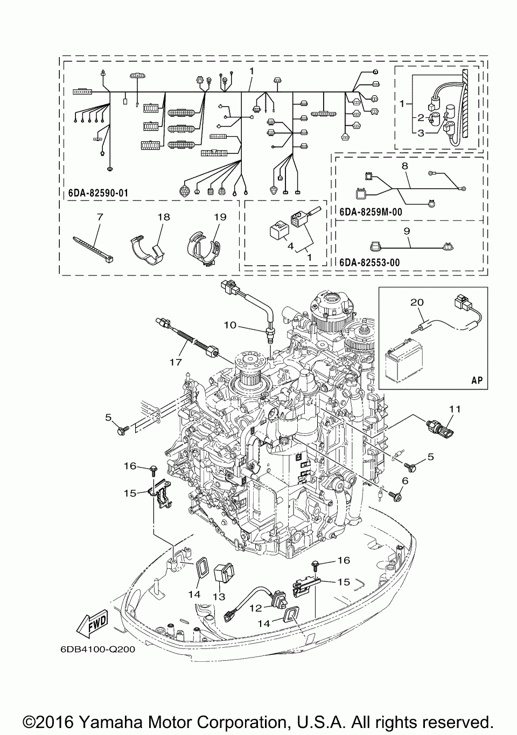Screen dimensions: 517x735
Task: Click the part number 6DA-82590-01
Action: click(98, 193)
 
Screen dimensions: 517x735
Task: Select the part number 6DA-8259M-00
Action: click(371, 213)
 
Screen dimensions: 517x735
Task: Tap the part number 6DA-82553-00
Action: click(370, 263)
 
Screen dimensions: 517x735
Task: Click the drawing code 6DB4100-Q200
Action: click(97, 649)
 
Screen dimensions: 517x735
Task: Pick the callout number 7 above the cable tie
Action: click(100, 217)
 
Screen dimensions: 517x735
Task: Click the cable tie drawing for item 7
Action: click(93, 249)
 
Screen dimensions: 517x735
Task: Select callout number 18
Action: click(164, 217)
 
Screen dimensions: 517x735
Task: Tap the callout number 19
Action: click(220, 217)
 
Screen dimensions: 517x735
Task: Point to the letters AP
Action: click(477, 380)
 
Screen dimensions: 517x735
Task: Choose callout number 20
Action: click(417, 302)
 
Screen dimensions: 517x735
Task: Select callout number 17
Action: click(176, 362)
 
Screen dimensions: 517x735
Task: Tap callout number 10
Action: click(230, 325)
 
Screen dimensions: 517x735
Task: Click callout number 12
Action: click(256, 608)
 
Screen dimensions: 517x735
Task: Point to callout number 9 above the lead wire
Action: click(407, 231)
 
